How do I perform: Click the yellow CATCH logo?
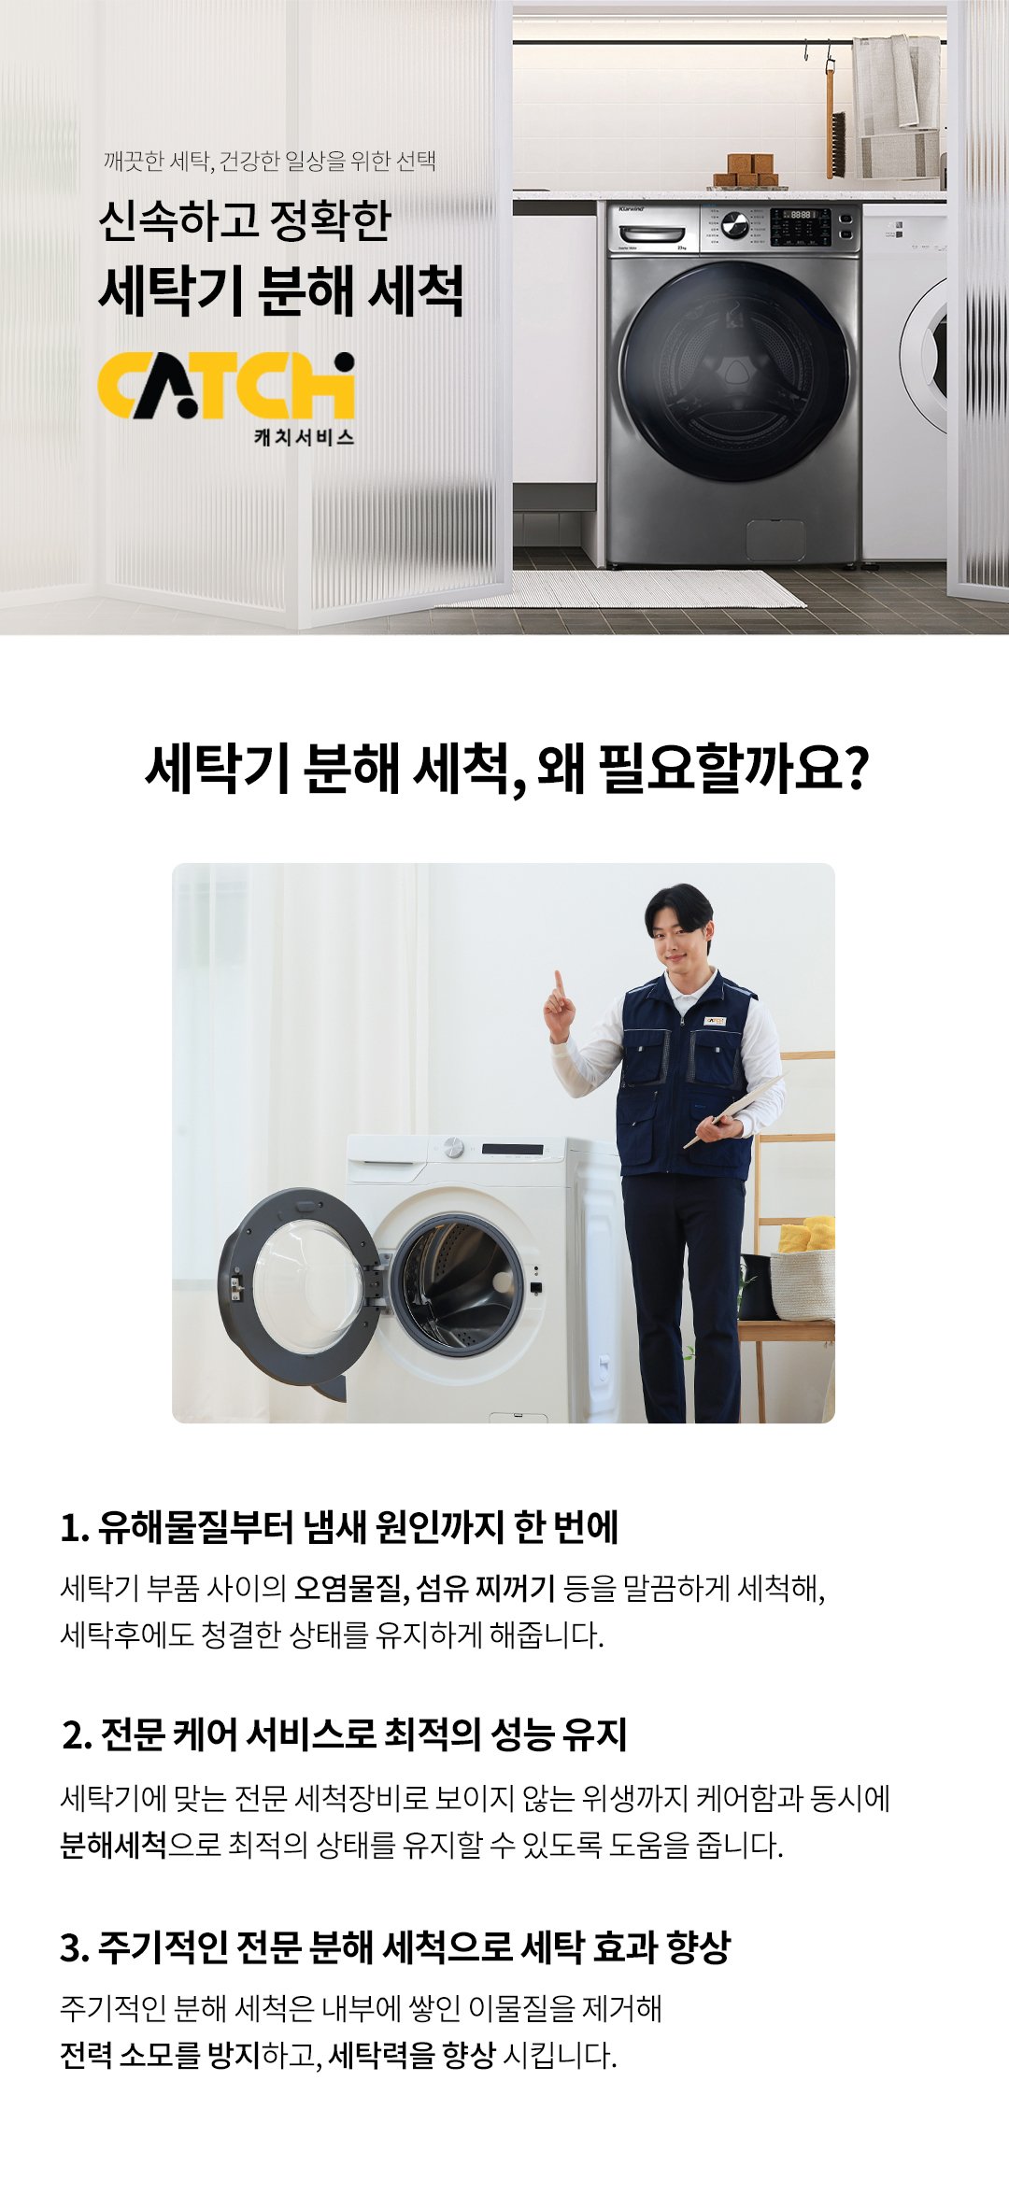point(226,386)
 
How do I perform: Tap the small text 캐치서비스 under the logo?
point(305,437)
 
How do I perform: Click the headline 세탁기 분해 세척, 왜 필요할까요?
point(506,769)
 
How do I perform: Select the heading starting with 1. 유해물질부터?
point(339,1527)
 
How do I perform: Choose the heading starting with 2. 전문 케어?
point(344,1734)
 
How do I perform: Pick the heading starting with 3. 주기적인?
point(394,1947)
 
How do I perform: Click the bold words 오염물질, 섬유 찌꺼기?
point(425,1588)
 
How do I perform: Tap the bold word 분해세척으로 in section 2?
point(113,1845)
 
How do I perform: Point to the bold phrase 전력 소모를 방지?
point(160,2055)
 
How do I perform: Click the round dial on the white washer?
point(454,1147)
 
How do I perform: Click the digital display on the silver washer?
point(800,215)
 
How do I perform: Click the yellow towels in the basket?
point(806,1234)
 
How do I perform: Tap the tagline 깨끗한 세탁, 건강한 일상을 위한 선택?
point(269,162)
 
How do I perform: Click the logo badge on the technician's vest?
point(715,1021)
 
